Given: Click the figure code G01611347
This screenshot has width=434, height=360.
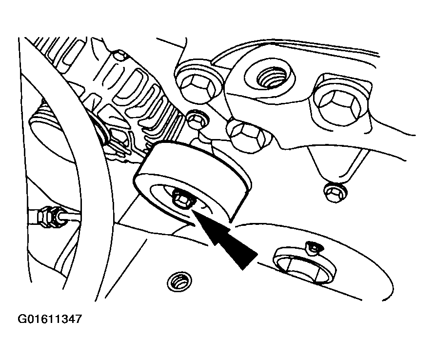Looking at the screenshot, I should click(x=49, y=320).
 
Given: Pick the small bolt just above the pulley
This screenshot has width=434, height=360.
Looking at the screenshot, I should click(x=196, y=119).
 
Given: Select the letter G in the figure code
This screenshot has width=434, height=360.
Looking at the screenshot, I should click(x=21, y=320).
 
